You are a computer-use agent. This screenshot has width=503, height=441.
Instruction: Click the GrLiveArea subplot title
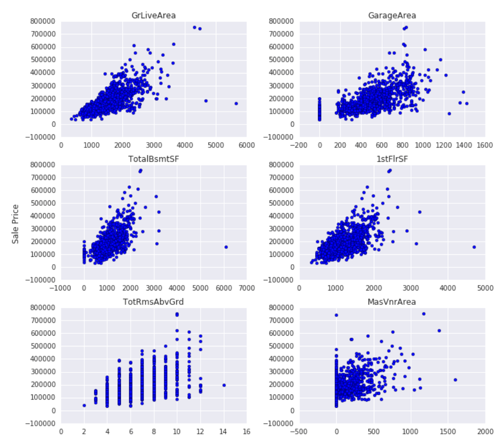coord(154,16)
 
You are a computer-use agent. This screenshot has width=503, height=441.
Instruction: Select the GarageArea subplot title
coord(392,16)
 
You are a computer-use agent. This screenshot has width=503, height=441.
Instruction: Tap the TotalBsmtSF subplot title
coord(154,159)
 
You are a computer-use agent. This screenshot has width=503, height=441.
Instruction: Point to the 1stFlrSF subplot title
coord(392,159)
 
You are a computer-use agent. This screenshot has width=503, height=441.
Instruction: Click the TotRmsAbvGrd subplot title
coord(154,302)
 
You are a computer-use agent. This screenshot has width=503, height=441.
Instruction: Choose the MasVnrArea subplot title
coord(392,302)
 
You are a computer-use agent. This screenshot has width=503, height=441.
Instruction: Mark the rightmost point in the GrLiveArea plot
coord(236,103)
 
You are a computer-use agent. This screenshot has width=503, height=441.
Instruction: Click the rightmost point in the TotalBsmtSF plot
coord(226,247)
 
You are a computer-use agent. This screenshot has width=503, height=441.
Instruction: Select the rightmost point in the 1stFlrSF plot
coord(474,247)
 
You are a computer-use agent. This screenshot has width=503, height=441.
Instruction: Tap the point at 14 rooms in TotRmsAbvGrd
coord(224,385)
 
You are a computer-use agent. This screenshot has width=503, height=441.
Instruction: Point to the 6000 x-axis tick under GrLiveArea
coord(247,145)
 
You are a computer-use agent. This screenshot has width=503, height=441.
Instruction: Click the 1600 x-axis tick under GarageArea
coord(485,145)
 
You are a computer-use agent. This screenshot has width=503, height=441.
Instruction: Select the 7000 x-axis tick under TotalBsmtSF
coord(247,288)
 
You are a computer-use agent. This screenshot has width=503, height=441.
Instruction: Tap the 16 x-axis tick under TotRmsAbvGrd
coord(247,431)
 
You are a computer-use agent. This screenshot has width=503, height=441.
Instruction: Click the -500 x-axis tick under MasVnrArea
coord(299,431)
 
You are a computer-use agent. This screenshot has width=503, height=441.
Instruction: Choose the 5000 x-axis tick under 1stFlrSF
coord(485,288)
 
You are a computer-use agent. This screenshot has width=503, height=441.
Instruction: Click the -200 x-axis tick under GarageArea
coord(299,145)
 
